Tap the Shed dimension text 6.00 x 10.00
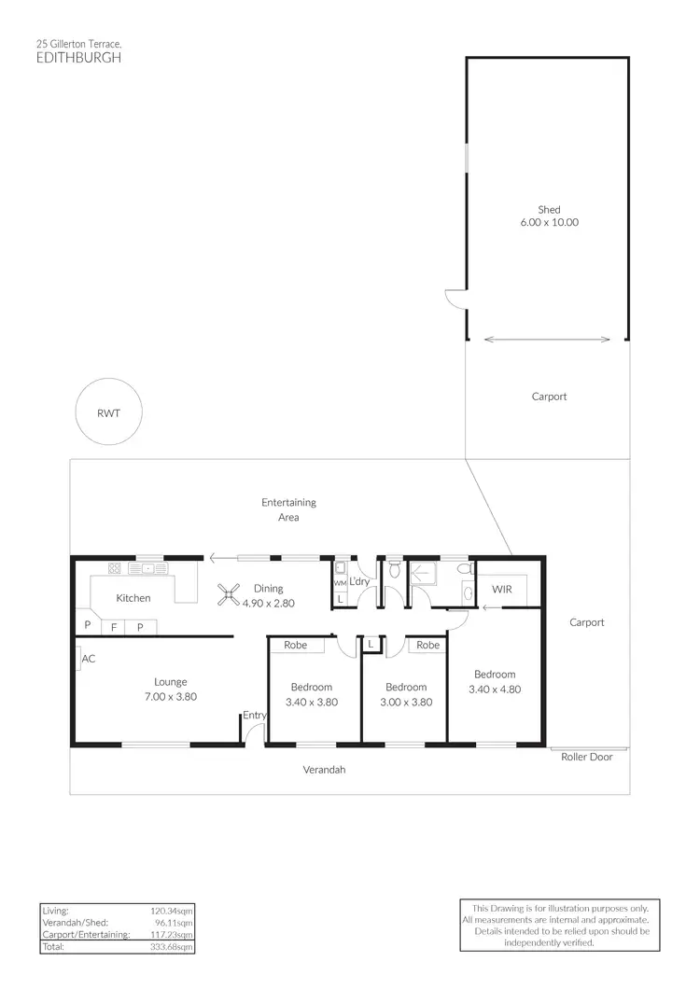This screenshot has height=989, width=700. coord(549,223)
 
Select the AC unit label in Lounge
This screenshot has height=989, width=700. coord(89,658)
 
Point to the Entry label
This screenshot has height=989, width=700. coord(254,716)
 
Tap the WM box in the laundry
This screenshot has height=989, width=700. coord(340,582)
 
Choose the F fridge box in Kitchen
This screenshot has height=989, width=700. coord(114,627)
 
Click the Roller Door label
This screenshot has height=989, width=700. coord(586,757)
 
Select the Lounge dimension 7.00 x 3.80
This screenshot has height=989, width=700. coord(171,696)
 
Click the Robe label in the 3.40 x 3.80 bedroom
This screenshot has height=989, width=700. coord(296,645)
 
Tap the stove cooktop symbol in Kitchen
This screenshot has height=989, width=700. coord(115,567)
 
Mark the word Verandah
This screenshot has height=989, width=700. coord(324,771)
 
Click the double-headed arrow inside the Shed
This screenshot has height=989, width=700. coord(548,340)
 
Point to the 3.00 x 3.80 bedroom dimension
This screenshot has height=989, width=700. coord(409,703)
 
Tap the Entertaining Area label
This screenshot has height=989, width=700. coord(288,509)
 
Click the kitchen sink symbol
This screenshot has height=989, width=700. coord(149,567)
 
